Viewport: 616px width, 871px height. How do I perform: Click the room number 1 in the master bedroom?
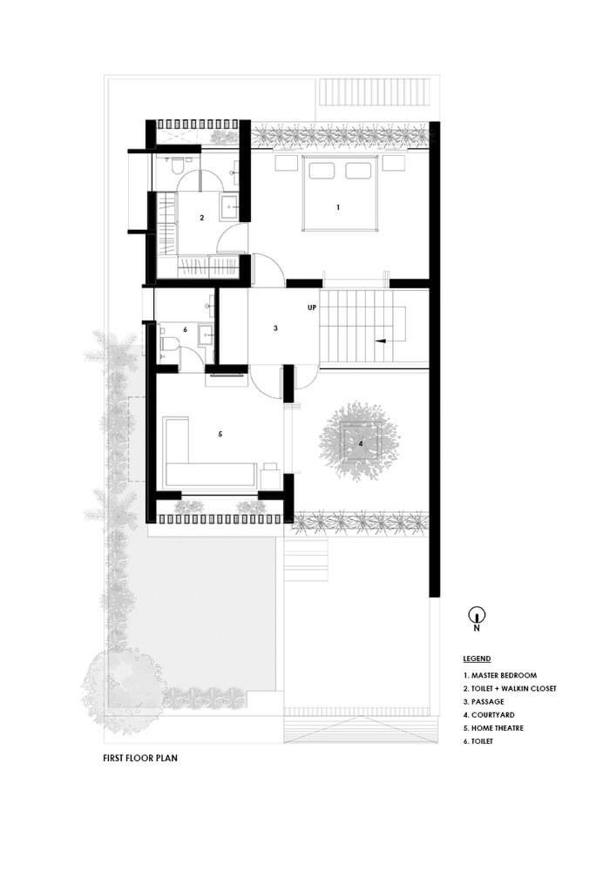(338, 207)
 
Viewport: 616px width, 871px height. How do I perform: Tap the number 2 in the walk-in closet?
(201, 218)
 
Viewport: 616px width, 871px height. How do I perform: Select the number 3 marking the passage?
(275, 328)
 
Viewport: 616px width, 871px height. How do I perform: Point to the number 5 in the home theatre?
(220, 434)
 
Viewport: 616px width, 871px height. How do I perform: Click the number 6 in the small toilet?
(186, 329)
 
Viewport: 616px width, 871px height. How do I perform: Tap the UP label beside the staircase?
(312, 307)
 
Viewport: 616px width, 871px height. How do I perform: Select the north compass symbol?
(477, 616)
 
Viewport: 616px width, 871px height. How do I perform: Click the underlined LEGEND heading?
(477, 658)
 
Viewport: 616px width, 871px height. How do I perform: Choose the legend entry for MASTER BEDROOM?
(500, 676)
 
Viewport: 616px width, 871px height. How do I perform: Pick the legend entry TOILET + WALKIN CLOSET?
(510, 688)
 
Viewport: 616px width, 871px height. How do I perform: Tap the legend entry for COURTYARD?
(489, 715)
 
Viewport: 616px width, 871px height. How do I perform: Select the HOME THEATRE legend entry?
(493, 727)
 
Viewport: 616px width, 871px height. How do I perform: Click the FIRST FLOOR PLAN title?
(140, 758)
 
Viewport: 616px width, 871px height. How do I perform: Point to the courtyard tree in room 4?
(359, 442)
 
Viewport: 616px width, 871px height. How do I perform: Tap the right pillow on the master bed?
(358, 170)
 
